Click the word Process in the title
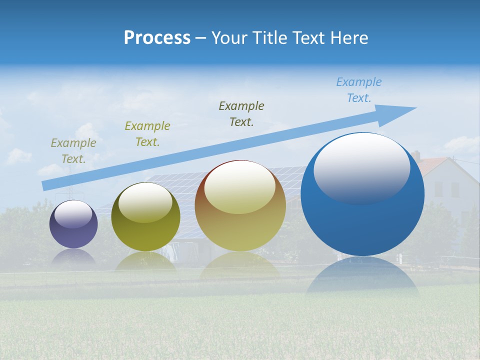coord(157,38)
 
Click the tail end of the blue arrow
coord(46,185)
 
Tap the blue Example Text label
coord(358,90)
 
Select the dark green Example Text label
coord(241,113)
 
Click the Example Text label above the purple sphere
coord(73,150)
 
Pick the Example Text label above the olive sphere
coord(147,133)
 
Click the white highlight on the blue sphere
coord(361,167)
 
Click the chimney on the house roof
coord(415,155)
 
